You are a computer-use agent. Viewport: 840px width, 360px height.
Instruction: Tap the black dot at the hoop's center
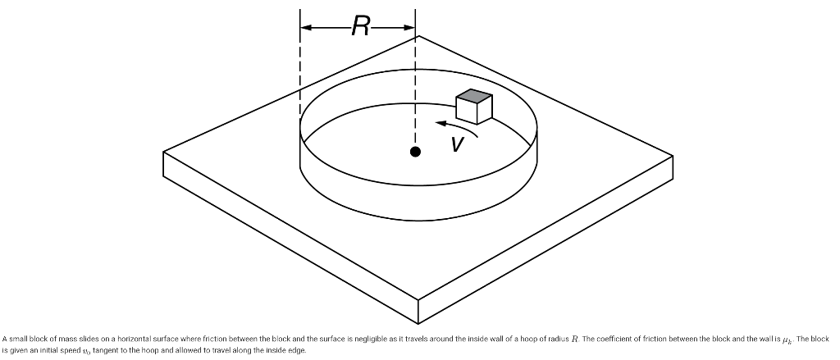(416, 152)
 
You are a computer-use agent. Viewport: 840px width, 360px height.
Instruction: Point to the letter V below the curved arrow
(459, 145)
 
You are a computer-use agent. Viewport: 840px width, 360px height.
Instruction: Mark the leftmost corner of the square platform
(165, 153)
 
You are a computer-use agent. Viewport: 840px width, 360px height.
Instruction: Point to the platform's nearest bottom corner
(419, 322)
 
